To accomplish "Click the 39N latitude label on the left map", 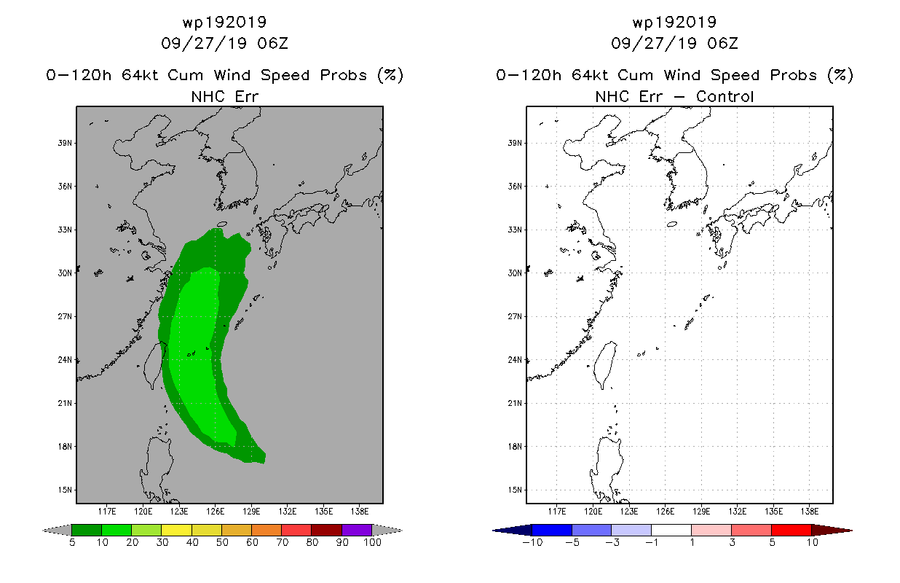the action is [x=65, y=143].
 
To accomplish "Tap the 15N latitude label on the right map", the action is [x=515, y=490].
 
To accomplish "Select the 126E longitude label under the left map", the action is [x=216, y=512].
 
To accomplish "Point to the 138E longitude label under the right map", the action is [x=810, y=512].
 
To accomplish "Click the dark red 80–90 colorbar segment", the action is [x=327, y=530].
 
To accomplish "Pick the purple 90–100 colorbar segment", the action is [x=357, y=530].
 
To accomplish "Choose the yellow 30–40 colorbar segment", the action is [x=177, y=530].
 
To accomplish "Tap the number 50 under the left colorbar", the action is [x=222, y=542].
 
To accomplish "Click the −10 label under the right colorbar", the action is [x=532, y=542].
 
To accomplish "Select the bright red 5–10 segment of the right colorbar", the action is [x=792, y=530].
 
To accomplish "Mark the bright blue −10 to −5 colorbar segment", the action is [x=552, y=530].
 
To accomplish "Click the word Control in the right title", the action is [x=725, y=96].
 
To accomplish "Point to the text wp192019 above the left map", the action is [x=224, y=22].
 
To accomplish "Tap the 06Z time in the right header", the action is [x=723, y=43].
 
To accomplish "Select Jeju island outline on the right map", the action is [x=672, y=224].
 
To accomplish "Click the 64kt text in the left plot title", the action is [x=140, y=75].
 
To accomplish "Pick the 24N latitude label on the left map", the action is [x=65, y=360].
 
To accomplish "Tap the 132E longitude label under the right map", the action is [x=738, y=512].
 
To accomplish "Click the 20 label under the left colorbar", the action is [x=133, y=542].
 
